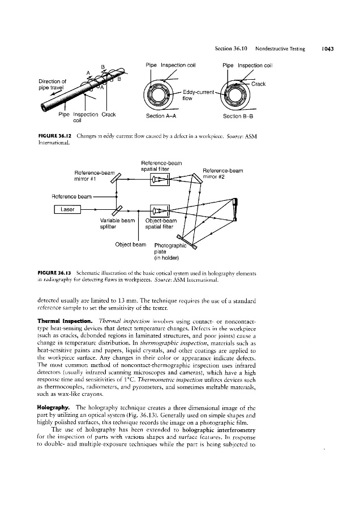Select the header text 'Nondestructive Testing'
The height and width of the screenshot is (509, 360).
[280, 49]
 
